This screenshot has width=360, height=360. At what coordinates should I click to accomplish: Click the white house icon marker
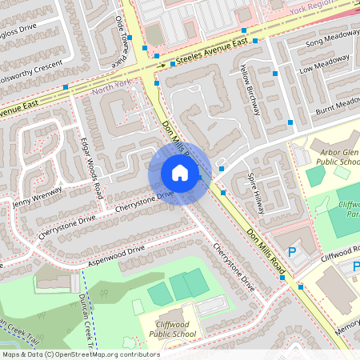180,172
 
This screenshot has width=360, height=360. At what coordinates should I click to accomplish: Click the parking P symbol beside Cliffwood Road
291,253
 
